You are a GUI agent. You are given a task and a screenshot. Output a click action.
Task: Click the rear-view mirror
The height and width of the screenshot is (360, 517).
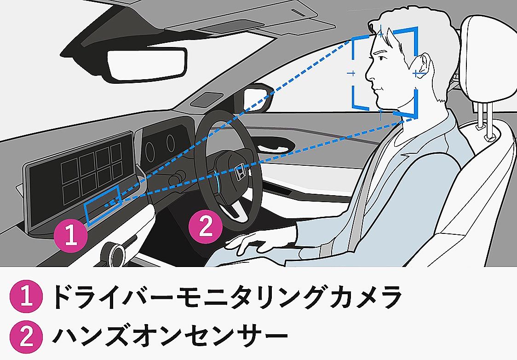[147, 64]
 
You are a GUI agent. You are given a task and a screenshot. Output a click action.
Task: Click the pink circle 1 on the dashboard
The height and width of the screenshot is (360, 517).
[71, 236]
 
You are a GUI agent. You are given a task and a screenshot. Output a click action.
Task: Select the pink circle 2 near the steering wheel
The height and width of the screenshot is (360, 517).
[206, 226]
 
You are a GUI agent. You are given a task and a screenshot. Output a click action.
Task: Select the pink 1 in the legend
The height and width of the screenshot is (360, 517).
[26, 296]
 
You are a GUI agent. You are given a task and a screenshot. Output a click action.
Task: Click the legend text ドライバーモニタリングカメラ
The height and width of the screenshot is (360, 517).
[227, 296]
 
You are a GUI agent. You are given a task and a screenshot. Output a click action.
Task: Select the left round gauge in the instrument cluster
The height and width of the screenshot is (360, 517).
[149, 152]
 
